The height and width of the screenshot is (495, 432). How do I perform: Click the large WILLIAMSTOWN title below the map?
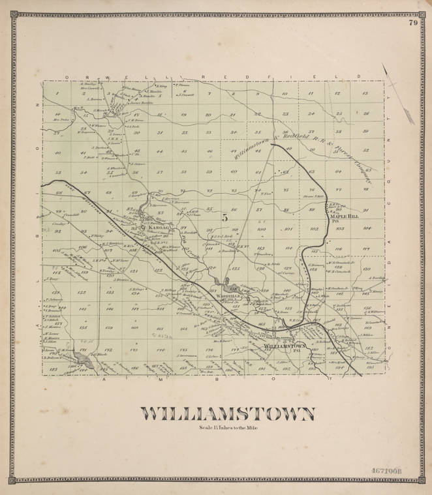point(228,414)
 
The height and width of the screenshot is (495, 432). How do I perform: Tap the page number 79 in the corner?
point(413,24)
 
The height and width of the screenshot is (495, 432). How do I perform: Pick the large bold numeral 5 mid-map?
point(224,217)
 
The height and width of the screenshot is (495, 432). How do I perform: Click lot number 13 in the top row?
point(365,93)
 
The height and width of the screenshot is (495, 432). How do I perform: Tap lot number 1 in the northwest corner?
point(58,94)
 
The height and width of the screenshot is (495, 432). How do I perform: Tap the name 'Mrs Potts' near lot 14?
point(61,120)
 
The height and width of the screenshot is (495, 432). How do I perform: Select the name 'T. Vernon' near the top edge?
point(183,84)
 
